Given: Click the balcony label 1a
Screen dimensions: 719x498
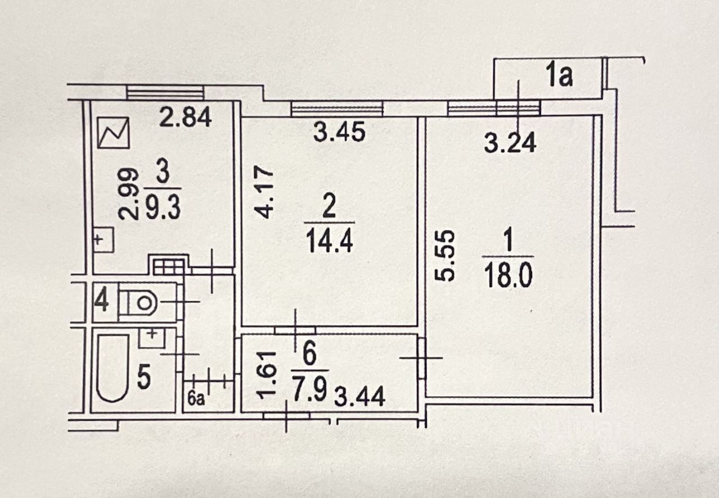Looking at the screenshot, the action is coord(558,76).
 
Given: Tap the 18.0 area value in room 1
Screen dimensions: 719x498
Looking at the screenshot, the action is coord(507,277).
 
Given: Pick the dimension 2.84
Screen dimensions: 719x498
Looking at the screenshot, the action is coord(185,118).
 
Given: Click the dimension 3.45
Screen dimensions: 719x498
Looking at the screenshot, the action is coord(339,133).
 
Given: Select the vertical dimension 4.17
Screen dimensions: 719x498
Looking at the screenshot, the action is coord(264,191).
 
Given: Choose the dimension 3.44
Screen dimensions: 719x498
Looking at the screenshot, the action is coord(359,397).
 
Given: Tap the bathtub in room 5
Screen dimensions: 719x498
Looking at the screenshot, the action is coord(112,367).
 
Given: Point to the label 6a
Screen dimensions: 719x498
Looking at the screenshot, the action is coord(195,400).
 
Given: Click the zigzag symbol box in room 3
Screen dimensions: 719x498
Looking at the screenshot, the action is coord(114,132).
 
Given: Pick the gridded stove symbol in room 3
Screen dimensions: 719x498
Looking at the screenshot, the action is coord(168,266).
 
